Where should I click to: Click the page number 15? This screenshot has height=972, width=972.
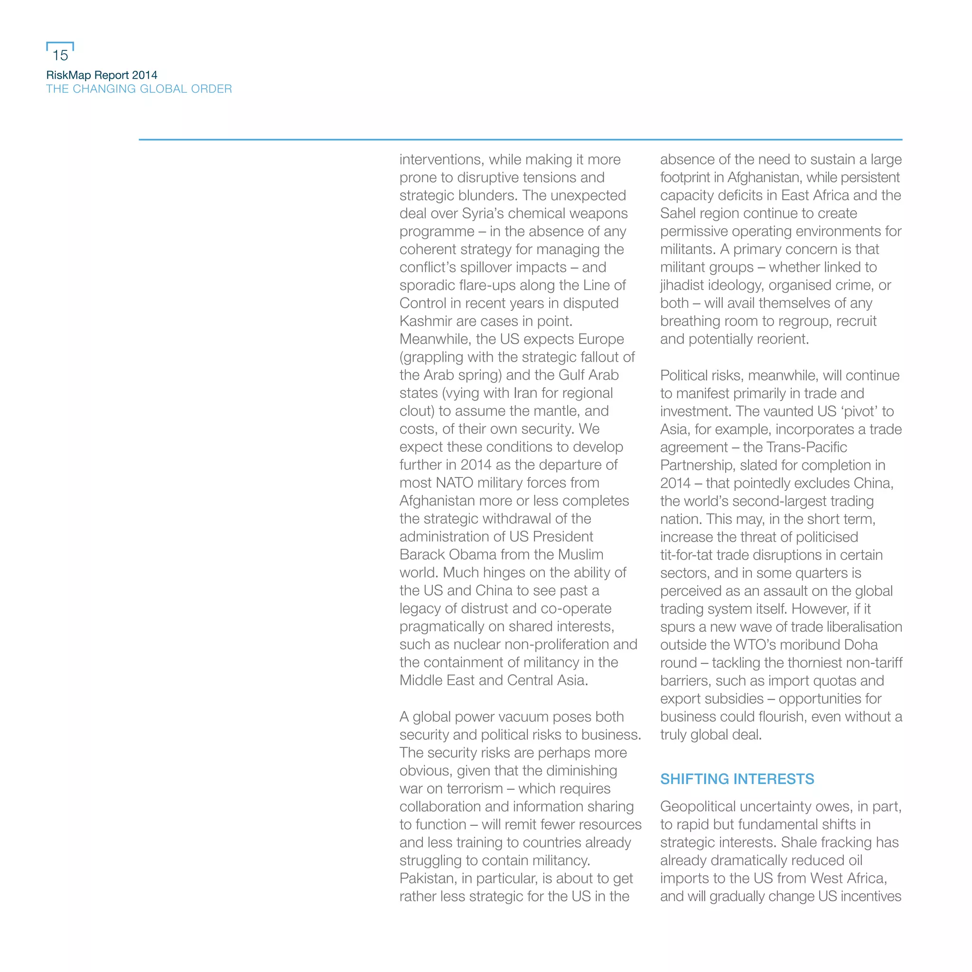60,55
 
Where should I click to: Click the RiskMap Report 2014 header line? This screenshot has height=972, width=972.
102,75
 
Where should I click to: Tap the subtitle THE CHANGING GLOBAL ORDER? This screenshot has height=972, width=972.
139,89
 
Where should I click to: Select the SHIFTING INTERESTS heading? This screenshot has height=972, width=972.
737,779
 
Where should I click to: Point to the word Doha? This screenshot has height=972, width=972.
861,645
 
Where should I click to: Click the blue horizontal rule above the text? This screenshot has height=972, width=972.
520,140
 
